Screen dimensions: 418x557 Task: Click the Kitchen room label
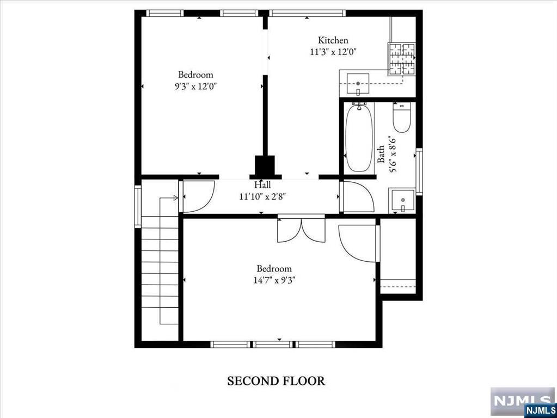point(333,40)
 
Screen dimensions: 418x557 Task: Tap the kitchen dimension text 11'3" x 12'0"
point(333,52)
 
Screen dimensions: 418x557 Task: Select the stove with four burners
point(401,58)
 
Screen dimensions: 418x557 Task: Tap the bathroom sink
point(403,201)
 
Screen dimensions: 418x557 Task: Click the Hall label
point(262,186)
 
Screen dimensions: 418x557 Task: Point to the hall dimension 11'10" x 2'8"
point(262,196)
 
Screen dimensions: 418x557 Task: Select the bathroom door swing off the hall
point(357,197)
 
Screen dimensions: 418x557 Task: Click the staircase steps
point(160,272)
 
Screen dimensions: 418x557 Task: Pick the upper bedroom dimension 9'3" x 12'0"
point(196,86)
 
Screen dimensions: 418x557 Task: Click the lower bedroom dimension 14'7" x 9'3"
point(274,280)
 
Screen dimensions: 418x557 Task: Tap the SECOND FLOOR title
point(276,381)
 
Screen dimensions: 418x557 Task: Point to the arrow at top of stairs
point(176,198)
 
